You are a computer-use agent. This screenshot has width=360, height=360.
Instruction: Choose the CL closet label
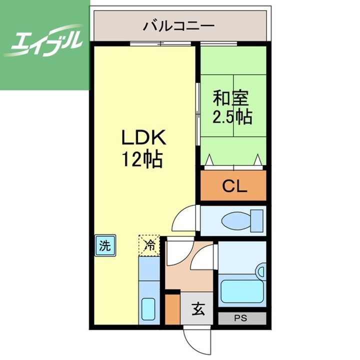pyautogui.click(x=233, y=186)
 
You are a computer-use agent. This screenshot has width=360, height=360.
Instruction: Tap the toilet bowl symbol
pyautogui.click(x=239, y=220)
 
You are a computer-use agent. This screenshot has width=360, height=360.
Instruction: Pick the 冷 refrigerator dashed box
pyautogui.click(x=149, y=245)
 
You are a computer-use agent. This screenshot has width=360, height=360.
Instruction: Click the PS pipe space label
pyautogui.click(x=242, y=318)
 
